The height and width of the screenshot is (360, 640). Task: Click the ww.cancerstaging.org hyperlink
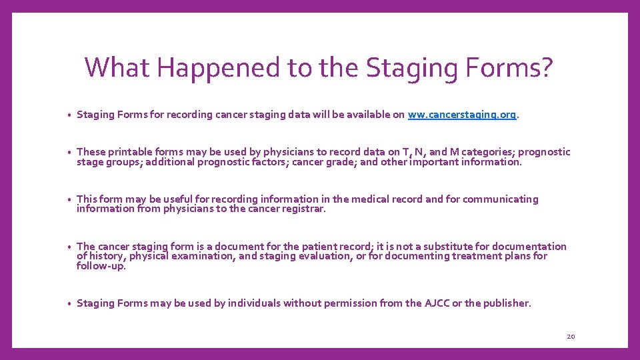tap(462, 115)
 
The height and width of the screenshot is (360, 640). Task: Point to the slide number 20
tap(571, 337)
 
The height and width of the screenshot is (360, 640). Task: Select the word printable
tap(130, 152)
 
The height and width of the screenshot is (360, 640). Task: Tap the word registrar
tap(304, 209)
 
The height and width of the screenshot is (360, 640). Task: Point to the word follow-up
tap(101, 265)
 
